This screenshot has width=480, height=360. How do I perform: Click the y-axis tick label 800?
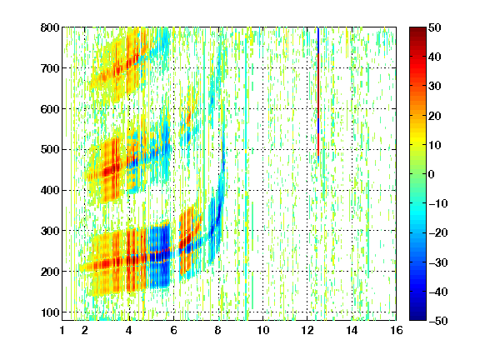pos(50,27)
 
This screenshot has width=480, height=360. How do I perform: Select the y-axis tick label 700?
pos(50,68)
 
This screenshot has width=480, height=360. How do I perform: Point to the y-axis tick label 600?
pos(50,109)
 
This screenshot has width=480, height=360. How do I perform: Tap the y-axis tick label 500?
pos(50,150)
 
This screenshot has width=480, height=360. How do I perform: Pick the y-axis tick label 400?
pos(50,190)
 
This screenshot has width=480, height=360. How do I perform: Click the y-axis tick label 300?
pos(50,231)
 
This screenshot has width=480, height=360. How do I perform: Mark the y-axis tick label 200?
pos(50,272)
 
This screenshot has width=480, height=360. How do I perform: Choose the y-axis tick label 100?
pos(50,312)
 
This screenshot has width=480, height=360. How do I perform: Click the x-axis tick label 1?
pos(62,330)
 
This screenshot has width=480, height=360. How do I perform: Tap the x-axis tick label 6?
pos(173,330)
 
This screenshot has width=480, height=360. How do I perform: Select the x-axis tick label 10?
pos(262,330)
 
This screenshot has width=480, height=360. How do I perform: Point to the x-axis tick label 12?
pos(307,330)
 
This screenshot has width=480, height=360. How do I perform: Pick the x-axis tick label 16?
pos(397,330)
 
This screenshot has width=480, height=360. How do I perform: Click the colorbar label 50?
pos(434,27)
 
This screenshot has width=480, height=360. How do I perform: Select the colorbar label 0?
pos(432,174)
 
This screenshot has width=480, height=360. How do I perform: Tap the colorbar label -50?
pos(438,321)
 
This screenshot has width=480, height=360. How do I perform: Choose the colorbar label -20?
pos(438,232)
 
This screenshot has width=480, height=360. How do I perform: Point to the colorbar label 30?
pos(434,87)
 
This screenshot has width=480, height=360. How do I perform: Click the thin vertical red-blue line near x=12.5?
pos(318,95)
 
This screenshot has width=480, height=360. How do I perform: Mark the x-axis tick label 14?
pos(352,330)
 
